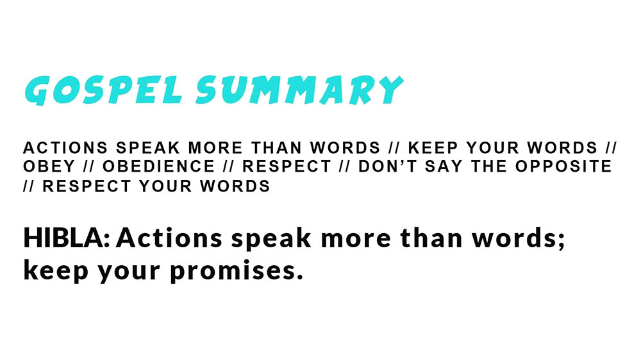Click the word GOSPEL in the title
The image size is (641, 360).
pos(103,90)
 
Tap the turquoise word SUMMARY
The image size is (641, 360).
pos(299,90)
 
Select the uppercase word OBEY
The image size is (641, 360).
pos(49,167)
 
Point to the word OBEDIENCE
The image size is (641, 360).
pos(158,167)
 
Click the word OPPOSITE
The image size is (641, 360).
pos(563,167)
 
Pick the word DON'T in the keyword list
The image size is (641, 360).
pos(388,167)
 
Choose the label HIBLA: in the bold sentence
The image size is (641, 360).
pos(67,238)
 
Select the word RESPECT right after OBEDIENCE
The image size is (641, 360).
pos(287,167)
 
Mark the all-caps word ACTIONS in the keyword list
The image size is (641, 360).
pos(65,147)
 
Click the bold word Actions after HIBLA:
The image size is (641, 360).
pos(169,238)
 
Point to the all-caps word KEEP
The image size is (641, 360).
pos(433,147)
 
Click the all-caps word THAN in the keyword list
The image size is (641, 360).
pos(277,147)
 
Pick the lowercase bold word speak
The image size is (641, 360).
pos(271,239)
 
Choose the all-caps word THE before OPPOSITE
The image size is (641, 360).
pos(489,167)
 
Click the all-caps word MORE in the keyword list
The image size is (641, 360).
pos(215,147)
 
